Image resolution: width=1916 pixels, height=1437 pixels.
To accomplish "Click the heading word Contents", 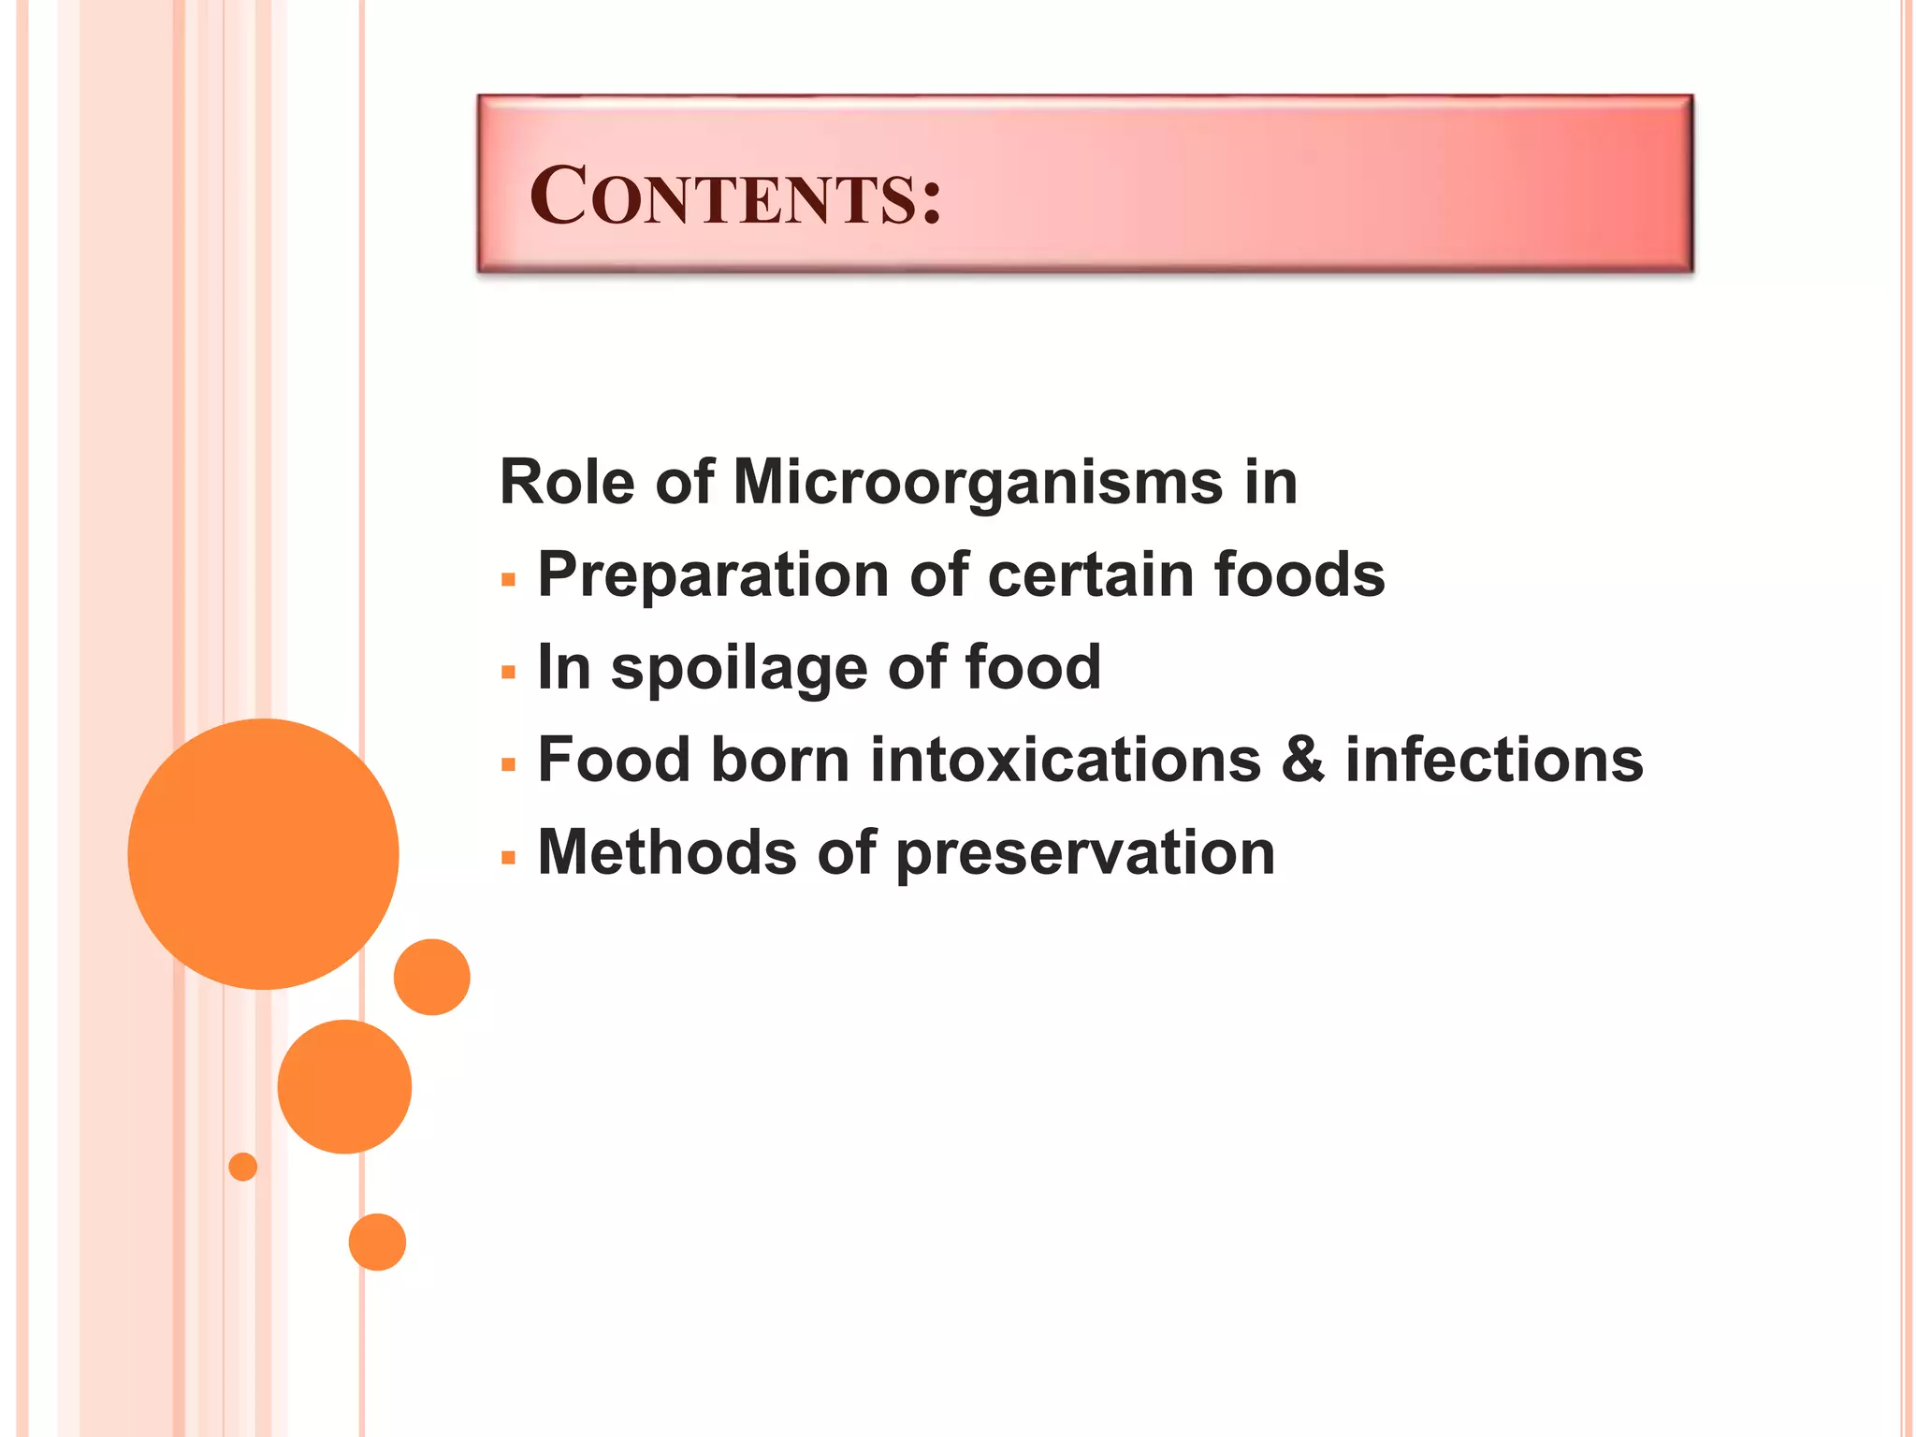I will [x=734, y=196].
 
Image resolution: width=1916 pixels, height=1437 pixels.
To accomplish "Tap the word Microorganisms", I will [x=977, y=483].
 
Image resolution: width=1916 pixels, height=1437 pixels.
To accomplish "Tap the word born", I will [x=780, y=760].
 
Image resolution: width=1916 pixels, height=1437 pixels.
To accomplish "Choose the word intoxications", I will [x=1066, y=760].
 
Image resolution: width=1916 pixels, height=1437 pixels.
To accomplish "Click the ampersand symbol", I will [x=1303, y=760].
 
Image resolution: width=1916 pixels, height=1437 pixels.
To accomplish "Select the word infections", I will [x=1494, y=760].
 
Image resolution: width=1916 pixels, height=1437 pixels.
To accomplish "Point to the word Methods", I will [x=667, y=852].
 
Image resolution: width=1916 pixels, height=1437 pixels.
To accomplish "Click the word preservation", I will [x=1085, y=854].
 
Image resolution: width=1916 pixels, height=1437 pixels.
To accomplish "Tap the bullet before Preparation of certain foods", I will [x=508, y=581].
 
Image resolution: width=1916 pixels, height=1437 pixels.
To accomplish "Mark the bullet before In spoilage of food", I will [x=508, y=673].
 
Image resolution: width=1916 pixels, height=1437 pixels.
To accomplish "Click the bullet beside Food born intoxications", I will [x=508, y=765].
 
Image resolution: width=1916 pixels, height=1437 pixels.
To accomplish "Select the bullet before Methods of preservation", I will [x=508, y=857].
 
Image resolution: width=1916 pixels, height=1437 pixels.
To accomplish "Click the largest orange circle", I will [x=263, y=853].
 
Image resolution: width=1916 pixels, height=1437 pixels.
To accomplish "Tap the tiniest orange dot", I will [x=242, y=1167].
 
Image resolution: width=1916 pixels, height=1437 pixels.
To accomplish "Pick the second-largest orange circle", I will [x=344, y=1086].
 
